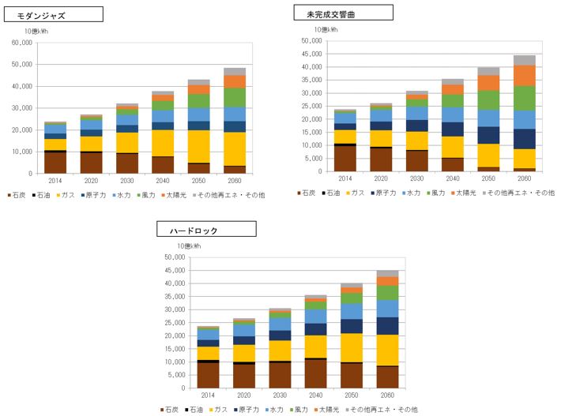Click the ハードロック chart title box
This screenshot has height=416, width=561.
point(205,230)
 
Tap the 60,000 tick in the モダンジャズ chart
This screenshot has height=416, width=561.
point(22,43)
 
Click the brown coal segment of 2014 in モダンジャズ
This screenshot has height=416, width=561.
point(55,162)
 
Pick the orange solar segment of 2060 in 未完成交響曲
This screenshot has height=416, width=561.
point(524,76)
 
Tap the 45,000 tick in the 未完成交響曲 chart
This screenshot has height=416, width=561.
point(311,54)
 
